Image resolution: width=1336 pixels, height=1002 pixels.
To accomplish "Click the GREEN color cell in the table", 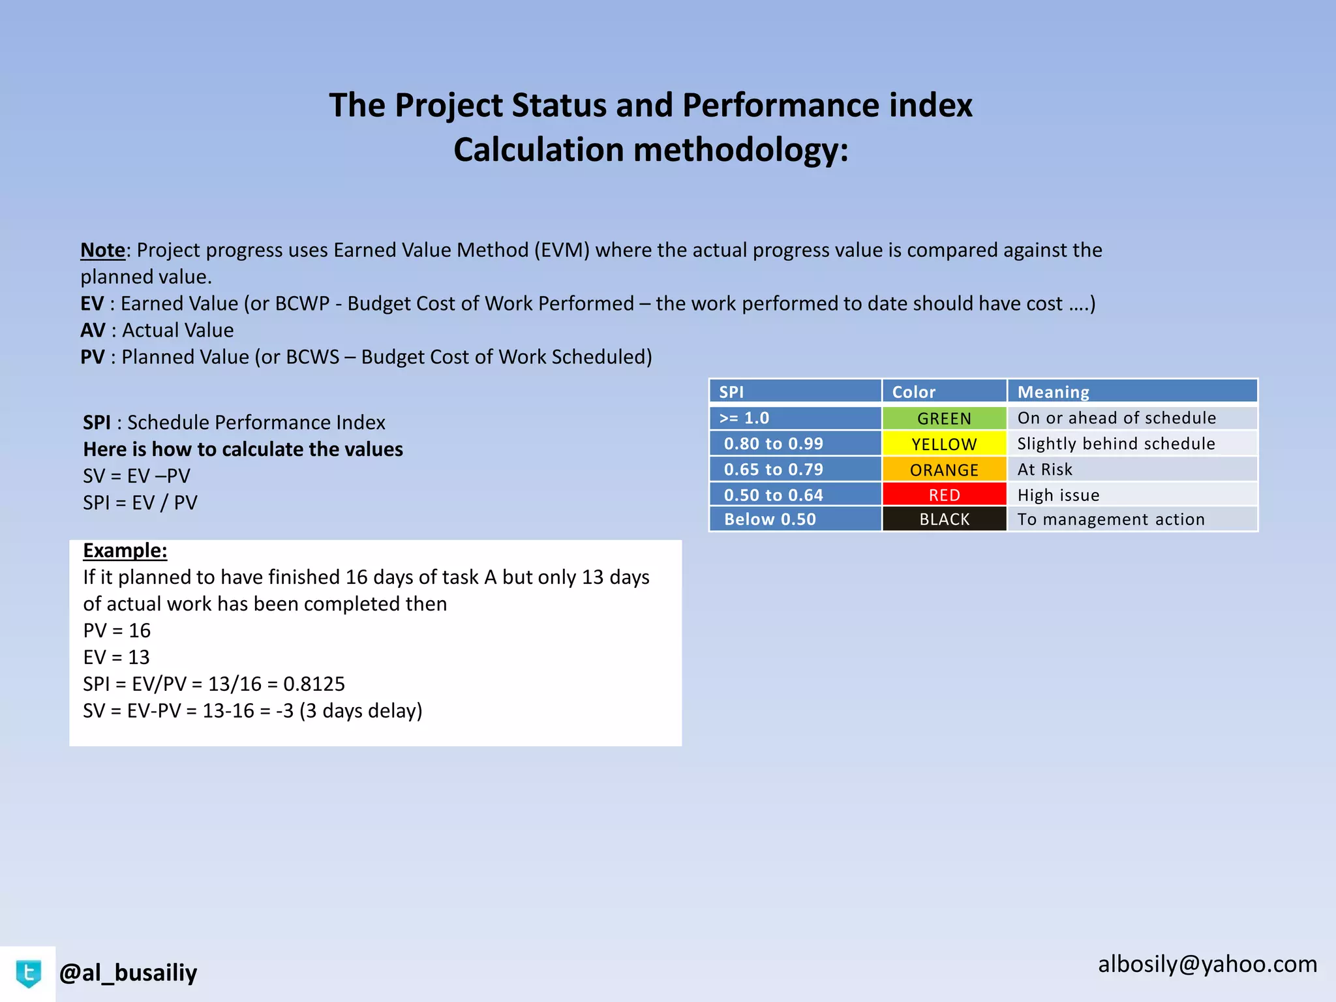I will pyautogui.click(x=944, y=418).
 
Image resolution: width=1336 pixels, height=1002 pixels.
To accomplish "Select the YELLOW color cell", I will pyautogui.click(x=944, y=444).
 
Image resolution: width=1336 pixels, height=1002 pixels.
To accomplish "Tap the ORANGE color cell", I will pyautogui.click(x=944, y=470).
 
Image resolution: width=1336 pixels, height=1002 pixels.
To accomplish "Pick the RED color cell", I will pyautogui.click(x=944, y=495).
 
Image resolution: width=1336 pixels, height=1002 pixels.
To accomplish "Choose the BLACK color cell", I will pyautogui.click(x=944, y=519).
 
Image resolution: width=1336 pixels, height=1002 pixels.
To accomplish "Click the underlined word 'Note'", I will pyautogui.click(x=102, y=250).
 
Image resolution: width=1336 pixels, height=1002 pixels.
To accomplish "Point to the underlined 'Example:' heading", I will pyautogui.click(x=125, y=551).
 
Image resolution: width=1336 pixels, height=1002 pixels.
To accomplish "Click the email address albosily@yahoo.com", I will pyautogui.click(x=1207, y=964).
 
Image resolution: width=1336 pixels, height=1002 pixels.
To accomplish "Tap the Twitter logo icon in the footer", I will pyautogui.click(x=28, y=974).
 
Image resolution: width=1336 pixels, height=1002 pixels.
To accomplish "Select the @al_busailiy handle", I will pyautogui.click(x=128, y=973).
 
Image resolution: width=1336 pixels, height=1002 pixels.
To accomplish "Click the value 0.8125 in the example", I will pyautogui.click(x=314, y=684).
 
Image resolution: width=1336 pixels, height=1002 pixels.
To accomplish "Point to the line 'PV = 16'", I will pyautogui.click(x=117, y=631).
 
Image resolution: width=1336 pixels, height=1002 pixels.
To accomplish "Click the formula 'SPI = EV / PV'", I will pyautogui.click(x=140, y=503).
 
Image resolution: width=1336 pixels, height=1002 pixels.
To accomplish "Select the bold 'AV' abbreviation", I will pyautogui.click(x=93, y=331).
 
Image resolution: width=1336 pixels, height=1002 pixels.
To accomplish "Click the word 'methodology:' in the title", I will pyautogui.click(x=741, y=150).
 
